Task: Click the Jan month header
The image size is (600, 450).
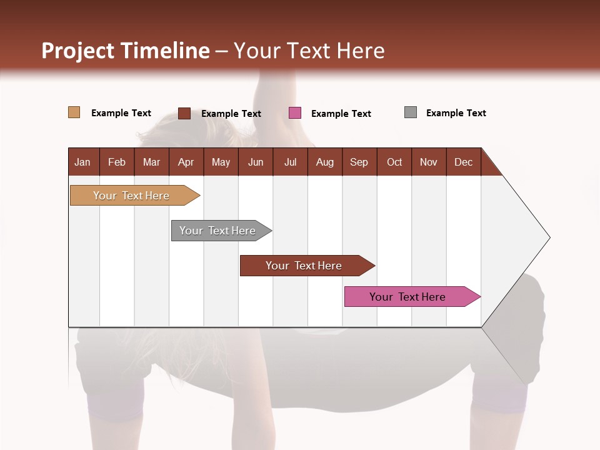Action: point(82,162)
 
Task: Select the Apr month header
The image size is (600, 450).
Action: point(186,162)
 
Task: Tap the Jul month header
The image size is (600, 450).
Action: point(290,162)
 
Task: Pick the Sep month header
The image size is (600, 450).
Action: point(359,162)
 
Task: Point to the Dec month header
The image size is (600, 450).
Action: point(463,162)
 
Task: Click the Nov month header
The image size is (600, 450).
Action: point(428,162)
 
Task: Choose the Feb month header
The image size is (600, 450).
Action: point(117,162)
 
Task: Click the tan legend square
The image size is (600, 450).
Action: point(74,112)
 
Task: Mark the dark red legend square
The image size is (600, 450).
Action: point(184,113)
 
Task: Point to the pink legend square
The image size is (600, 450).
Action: point(295,112)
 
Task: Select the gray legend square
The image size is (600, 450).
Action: point(411,112)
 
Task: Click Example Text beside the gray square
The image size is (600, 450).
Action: point(456,113)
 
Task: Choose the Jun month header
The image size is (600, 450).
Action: point(256,162)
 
